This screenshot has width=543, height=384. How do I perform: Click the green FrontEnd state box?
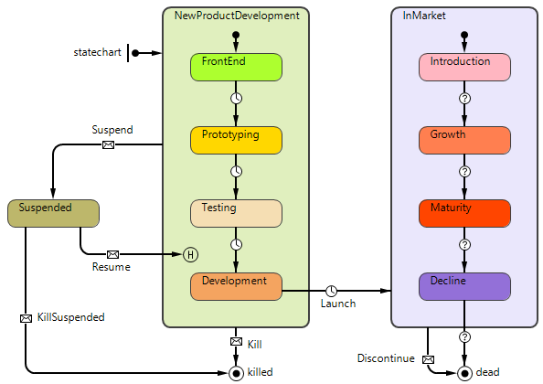click(x=236, y=67)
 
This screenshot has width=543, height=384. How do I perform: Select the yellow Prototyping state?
click(x=236, y=140)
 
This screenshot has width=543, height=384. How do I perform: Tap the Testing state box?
click(x=236, y=213)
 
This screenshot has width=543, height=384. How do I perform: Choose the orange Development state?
click(x=236, y=287)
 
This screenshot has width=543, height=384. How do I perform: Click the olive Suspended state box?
click(x=53, y=213)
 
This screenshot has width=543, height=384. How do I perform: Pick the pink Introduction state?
click(x=464, y=67)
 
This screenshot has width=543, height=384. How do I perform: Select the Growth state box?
click(x=464, y=140)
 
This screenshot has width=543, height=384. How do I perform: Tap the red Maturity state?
click(x=464, y=213)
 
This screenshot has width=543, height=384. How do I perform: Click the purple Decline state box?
click(x=464, y=287)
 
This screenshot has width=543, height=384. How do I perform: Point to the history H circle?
click(x=190, y=254)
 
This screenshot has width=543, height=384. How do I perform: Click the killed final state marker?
click(x=236, y=373)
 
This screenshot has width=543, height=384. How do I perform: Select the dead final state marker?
click(x=464, y=373)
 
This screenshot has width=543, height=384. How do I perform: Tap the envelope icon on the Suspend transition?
click(x=109, y=144)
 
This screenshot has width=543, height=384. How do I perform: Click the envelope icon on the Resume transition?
click(x=112, y=254)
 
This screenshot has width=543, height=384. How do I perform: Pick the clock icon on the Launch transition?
click(x=332, y=291)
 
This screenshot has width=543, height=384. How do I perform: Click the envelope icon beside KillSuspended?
click(x=26, y=318)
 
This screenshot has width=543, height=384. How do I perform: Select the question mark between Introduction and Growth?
click(x=464, y=99)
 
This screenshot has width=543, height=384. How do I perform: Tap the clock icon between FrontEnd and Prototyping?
click(x=236, y=99)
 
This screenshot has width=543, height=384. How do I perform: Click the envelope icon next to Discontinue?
click(x=428, y=359)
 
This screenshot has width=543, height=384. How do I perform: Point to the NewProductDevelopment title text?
click(x=237, y=16)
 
